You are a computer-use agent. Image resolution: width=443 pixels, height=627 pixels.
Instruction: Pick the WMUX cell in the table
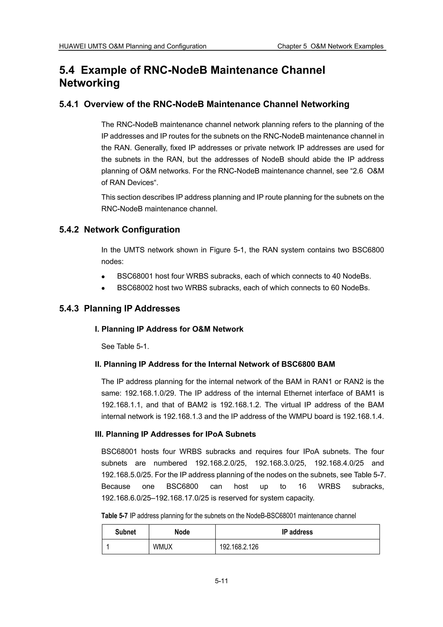pyautogui.click(x=163, y=547)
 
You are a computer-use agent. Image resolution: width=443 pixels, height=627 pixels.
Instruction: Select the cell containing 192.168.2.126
pyautogui.click(x=239, y=547)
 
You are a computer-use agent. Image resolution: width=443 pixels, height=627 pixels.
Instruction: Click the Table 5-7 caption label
pyautogui.click(x=114, y=516)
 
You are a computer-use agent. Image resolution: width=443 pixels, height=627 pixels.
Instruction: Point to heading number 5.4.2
pyautogui.click(x=69, y=229)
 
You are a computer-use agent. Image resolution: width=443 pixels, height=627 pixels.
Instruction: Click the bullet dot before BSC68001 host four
pyautogui.click(x=103, y=277)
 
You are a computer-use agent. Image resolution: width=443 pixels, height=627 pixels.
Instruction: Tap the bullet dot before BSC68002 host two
pyautogui.click(x=103, y=288)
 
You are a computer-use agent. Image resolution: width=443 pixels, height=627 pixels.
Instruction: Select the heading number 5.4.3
pyautogui.click(x=69, y=308)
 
